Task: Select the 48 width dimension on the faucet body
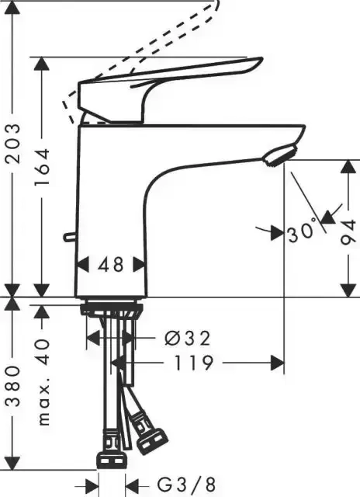pyautogui.click(x=112, y=265)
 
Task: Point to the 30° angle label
pyautogui.click(x=303, y=231)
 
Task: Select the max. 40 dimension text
pyautogui.click(x=43, y=381)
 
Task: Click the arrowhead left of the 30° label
pyautogui.click(x=275, y=231)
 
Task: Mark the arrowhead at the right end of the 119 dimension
pyautogui.click(x=276, y=363)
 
